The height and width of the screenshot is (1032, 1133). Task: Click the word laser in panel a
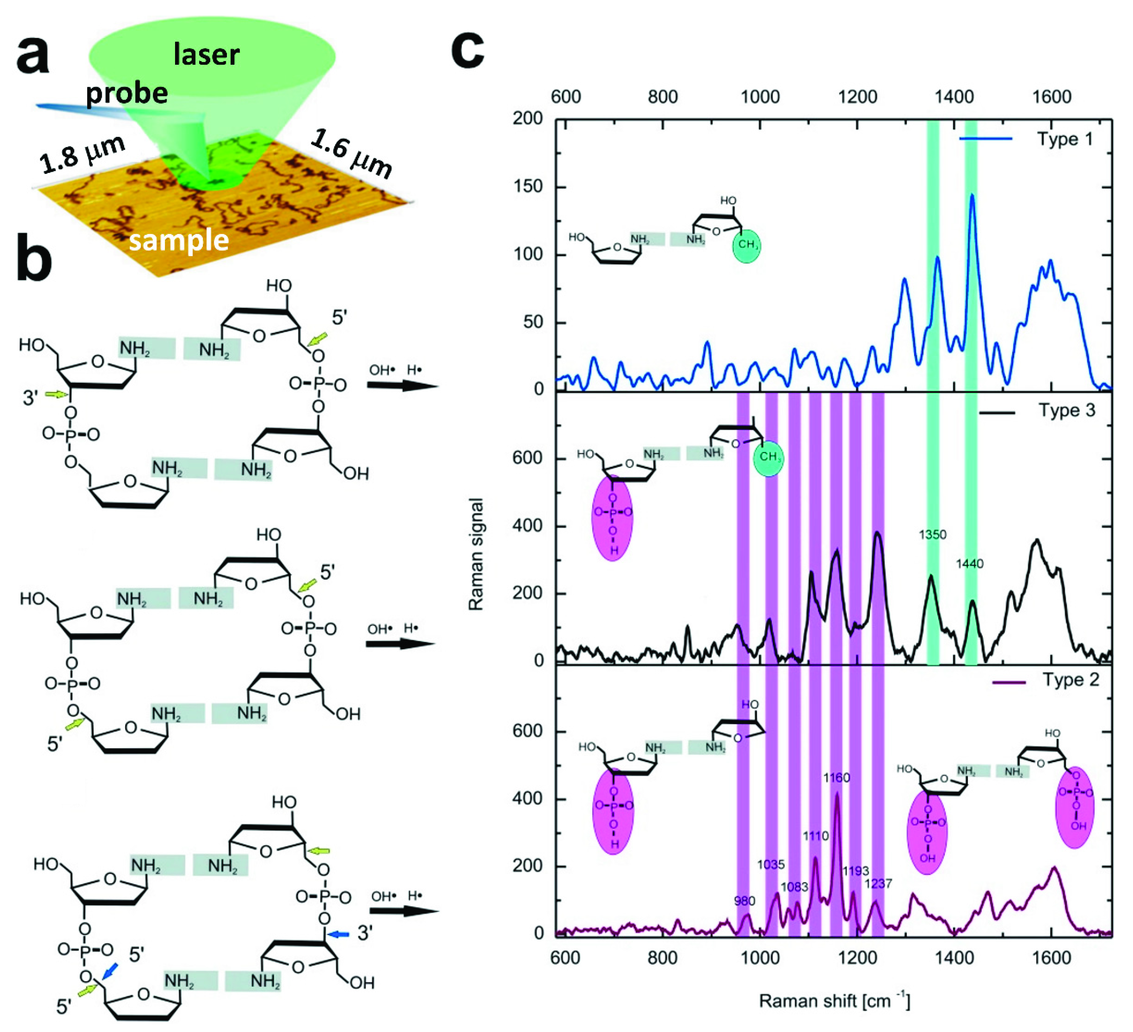click(x=206, y=55)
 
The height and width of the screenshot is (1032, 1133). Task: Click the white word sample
click(x=179, y=240)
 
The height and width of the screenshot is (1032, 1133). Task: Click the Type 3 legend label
click(x=1067, y=411)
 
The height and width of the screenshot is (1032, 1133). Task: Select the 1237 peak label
click(x=878, y=884)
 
